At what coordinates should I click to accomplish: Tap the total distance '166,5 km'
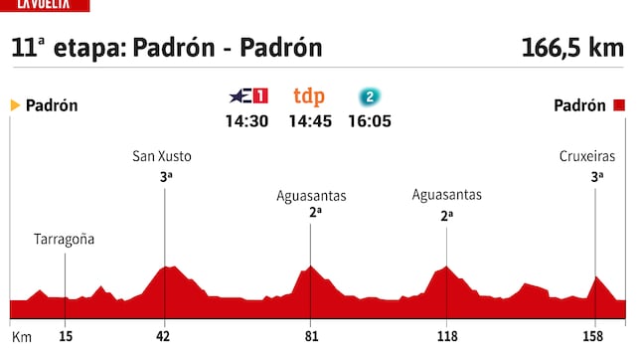click(572, 48)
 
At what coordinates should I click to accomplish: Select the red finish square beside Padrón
click(619, 105)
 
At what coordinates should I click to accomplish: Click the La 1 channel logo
click(248, 96)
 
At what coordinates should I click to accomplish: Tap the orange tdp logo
click(309, 96)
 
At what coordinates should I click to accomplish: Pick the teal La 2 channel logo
click(370, 96)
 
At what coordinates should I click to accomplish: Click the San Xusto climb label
click(162, 156)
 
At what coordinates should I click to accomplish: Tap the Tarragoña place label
click(65, 239)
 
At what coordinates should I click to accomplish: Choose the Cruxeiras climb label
click(587, 156)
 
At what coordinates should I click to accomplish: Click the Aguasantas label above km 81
click(310, 195)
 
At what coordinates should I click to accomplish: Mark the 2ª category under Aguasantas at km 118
click(447, 213)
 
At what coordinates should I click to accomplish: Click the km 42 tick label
click(164, 337)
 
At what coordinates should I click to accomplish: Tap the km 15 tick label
click(65, 337)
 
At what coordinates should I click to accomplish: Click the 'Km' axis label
click(21, 337)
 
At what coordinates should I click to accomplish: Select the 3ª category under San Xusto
click(165, 175)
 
